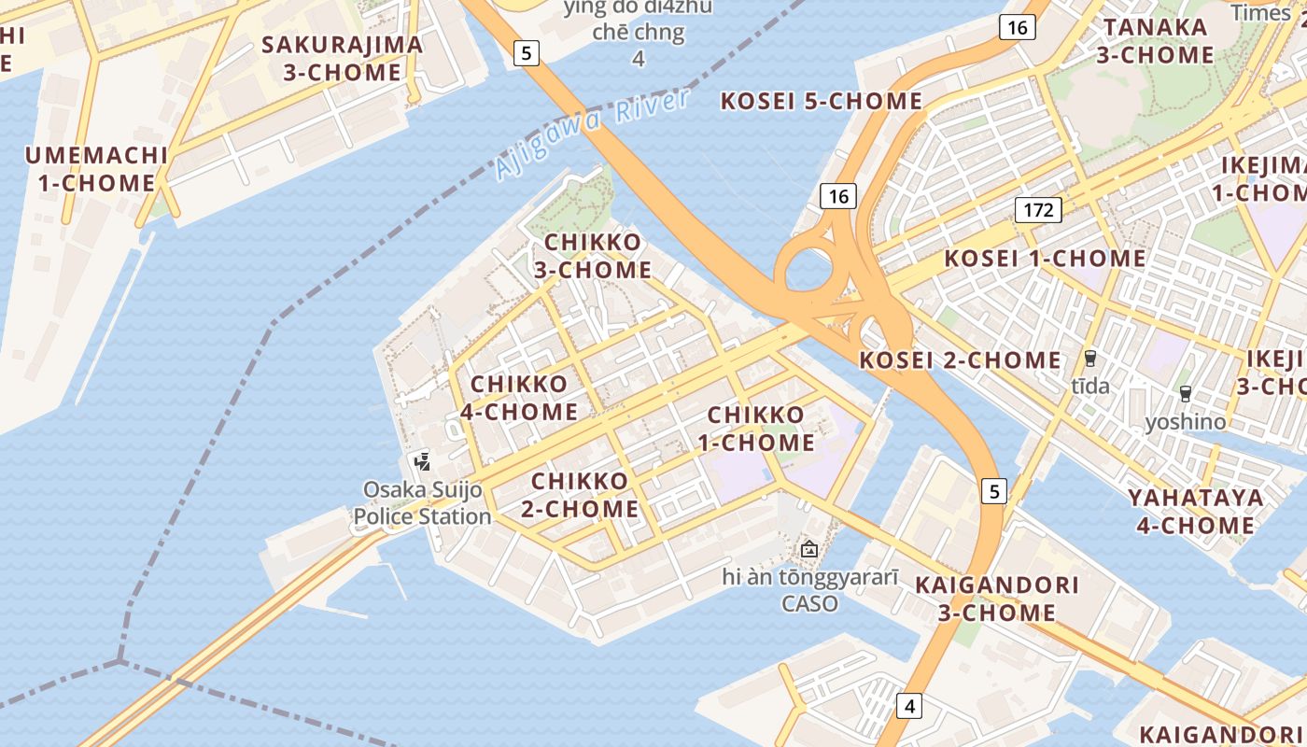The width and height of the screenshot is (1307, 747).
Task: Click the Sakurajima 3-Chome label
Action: pyautogui.click(x=343, y=58)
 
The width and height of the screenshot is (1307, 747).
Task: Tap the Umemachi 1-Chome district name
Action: pyautogui.click(x=96, y=169)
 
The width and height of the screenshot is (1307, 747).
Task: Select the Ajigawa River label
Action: pyautogui.click(x=593, y=134)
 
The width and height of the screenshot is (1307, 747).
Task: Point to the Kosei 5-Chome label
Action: pyautogui.click(x=822, y=101)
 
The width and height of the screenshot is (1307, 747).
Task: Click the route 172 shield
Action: pyautogui.click(x=1038, y=209)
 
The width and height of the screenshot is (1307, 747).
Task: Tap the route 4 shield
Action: pyautogui.click(x=909, y=705)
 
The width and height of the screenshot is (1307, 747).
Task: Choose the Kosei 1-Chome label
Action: pyautogui.click(x=1045, y=258)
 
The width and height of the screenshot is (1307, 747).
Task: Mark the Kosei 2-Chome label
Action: pyautogui.click(x=960, y=359)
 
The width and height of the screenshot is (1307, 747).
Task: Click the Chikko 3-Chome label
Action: pyautogui.click(x=593, y=256)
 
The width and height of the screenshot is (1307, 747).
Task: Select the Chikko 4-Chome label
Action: pyautogui.click(x=519, y=398)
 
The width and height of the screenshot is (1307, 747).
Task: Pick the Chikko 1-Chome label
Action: pyautogui.click(x=756, y=428)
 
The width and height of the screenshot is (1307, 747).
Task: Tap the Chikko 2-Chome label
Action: pyautogui.click(x=585, y=495)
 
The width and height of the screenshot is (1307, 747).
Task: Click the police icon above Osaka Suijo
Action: pyautogui.click(x=422, y=460)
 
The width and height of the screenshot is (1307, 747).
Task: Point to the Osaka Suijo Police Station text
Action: pyautogui.click(x=422, y=502)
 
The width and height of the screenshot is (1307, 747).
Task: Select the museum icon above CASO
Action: pyautogui.click(x=809, y=549)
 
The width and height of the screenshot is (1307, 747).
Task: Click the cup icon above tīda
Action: pyautogui.click(x=1089, y=359)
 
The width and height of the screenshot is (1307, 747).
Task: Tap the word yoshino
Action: pyautogui.click(x=1186, y=422)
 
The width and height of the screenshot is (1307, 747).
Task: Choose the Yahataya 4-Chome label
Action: pyautogui.click(x=1195, y=511)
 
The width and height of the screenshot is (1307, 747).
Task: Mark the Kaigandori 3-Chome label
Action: pyautogui.click(x=997, y=599)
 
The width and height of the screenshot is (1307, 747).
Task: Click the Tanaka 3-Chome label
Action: pyautogui.click(x=1155, y=40)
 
